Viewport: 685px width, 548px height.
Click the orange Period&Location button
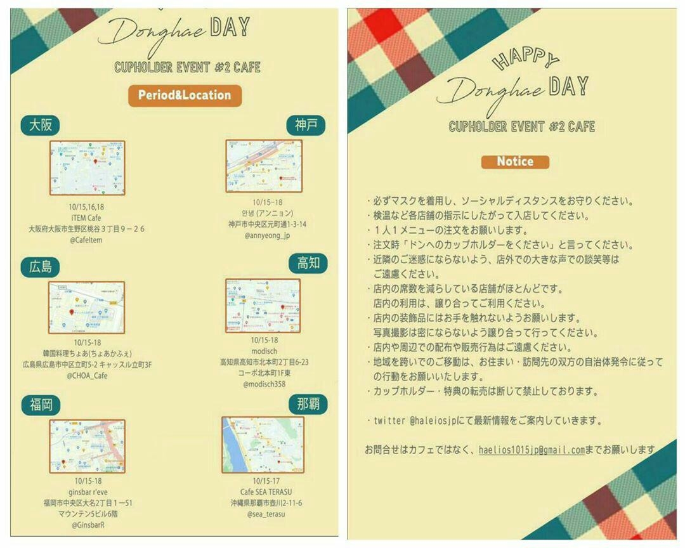point(185,96)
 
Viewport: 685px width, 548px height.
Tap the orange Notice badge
point(514,162)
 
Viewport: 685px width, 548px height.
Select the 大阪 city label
point(41,126)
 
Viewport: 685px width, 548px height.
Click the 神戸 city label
point(306,126)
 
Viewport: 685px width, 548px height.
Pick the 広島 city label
point(41,267)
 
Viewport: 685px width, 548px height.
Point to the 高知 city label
point(308,263)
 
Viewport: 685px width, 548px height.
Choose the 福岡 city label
point(41,405)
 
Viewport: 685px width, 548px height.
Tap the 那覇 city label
point(308,404)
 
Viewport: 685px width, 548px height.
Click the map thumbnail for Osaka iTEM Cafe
point(87,168)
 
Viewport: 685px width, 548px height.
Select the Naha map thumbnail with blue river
point(262,445)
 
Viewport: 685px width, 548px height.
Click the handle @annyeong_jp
point(266,235)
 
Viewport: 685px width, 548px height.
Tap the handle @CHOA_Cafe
point(87,375)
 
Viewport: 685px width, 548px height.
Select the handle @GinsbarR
point(88,525)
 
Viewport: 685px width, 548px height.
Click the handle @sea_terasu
point(266,514)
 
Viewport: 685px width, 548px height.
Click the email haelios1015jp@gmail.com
point(532,450)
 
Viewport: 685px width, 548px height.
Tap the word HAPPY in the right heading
point(525,60)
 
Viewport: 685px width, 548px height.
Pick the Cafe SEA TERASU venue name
point(267,492)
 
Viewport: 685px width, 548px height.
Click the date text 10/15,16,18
point(87,207)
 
